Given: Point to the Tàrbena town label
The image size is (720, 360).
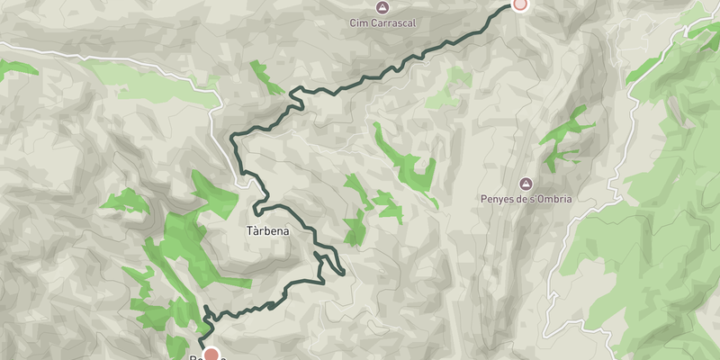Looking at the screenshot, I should click(x=267, y=231).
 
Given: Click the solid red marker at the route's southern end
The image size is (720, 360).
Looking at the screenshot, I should click(x=211, y=355).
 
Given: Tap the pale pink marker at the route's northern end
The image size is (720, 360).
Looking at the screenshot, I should click(x=519, y=4).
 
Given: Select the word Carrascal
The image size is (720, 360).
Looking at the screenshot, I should click(x=392, y=22).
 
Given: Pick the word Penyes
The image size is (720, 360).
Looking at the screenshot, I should click(x=498, y=199).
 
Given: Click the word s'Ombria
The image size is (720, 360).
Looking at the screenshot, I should click(x=548, y=199).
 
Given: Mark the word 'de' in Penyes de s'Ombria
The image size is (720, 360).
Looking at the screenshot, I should click(x=521, y=199).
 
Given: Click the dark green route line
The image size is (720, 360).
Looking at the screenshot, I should click(x=360, y=83).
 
